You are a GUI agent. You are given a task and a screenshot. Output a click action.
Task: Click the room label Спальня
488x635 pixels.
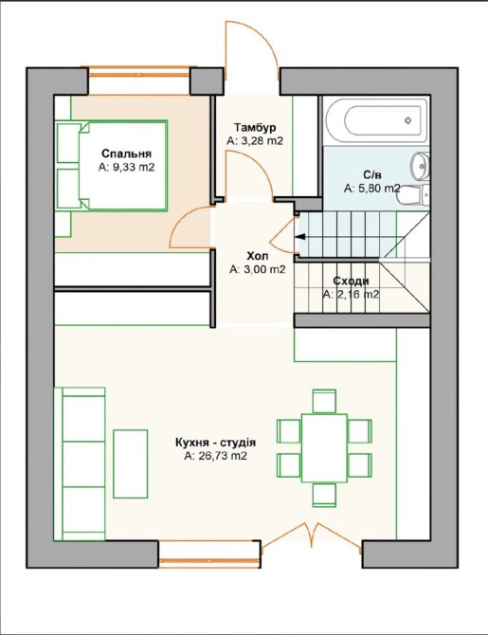coord(126,154)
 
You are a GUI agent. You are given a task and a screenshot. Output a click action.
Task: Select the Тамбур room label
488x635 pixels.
coord(255,128)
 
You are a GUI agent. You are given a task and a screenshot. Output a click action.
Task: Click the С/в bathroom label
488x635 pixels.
coord(371,175)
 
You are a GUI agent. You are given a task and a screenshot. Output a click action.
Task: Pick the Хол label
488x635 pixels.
coord(257,256)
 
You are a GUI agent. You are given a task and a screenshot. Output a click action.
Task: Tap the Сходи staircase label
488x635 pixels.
coord(351,281)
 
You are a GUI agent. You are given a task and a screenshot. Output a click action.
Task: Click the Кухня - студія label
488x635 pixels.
coord(215,443)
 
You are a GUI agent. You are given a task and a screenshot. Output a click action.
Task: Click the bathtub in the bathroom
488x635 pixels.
coord(376,119)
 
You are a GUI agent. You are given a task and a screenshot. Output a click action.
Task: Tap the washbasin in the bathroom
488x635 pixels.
coord(420,165)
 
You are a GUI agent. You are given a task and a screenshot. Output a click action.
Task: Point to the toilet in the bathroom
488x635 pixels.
coord(413,196)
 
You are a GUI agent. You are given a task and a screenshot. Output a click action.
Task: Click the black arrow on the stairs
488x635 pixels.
coord(301,237)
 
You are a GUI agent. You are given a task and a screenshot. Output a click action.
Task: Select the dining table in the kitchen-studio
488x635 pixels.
coord(324,448)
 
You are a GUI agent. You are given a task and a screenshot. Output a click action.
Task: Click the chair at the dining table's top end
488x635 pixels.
coord(324,401)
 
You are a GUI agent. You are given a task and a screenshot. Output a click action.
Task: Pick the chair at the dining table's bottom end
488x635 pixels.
coord(324,495)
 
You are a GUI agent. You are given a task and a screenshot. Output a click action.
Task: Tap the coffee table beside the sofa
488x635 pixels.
coord(131,463)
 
